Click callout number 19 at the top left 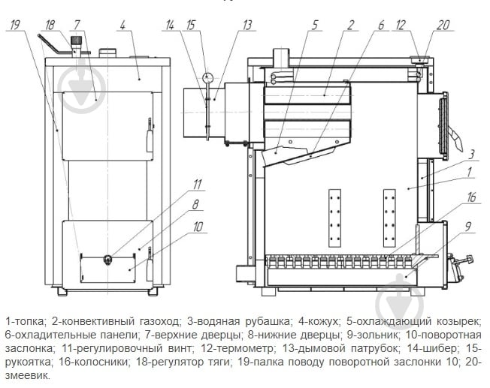(x=15, y=25)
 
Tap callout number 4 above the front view (x=122, y=25)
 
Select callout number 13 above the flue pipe (x=247, y=25)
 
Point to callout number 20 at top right (x=443, y=25)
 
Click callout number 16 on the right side (x=471, y=197)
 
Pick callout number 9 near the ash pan (x=467, y=227)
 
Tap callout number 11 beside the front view (x=197, y=184)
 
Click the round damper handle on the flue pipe (x=207, y=77)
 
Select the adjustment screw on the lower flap (x=107, y=259)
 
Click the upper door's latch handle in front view (x=150, y=136)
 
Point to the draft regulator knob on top (x=76, y=41)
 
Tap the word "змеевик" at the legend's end (x=27, y=375)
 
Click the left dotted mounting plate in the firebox (x=334, y=218)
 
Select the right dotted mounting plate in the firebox (x=389, y=218)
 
